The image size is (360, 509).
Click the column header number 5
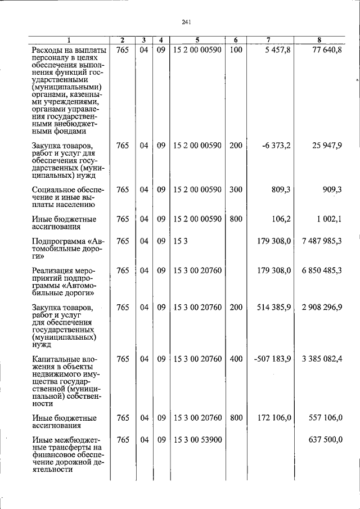coord(197,40)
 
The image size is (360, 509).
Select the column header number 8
coord(319,40)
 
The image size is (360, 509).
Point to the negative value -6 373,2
coord(276,146)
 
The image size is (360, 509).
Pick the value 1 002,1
coord(329,219)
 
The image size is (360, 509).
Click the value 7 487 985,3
coord(322,241)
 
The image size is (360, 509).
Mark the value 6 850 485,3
coord(322,271)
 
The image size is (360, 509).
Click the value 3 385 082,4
coord(322,359)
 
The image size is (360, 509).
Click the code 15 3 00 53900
coord(197,440)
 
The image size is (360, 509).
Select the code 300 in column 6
coord(236,190)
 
